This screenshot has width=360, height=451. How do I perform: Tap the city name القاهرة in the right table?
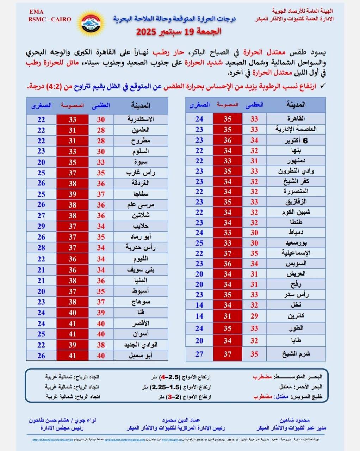click(x=296, y=119)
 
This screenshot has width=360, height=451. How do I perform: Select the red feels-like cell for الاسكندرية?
click(x=72, y=119)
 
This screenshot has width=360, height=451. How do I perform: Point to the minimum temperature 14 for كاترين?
click(x=199, y=316)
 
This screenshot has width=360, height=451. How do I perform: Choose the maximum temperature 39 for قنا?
click(x=101, y=313)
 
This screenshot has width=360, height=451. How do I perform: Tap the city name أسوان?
click(x=140, y=334)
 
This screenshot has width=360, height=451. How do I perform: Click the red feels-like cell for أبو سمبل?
click(x=72, y=356)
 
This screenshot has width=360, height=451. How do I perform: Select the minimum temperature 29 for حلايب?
click(x=41, y=226)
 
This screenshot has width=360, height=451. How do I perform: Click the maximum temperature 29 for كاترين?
click(x=254, y=316)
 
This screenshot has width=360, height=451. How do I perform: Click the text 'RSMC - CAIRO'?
click(x=50, y=19)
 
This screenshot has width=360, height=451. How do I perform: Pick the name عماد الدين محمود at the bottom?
click(x=181, y=420)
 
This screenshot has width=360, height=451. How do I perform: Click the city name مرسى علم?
click(x=140, y=205)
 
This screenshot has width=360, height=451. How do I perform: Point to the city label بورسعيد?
click(x=296, y=243)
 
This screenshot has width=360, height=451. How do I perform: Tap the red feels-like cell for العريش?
click(x=227, y=274)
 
